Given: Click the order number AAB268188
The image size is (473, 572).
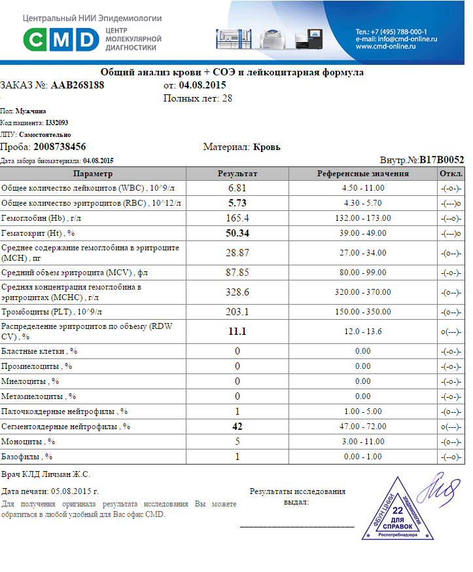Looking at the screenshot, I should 77,85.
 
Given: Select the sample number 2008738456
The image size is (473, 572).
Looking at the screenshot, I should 60,147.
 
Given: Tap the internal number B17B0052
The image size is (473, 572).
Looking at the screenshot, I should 442,159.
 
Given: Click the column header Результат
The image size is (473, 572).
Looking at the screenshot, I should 237,174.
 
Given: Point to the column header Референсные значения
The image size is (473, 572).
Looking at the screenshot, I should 363,174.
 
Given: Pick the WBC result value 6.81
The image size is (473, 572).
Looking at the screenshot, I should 237,188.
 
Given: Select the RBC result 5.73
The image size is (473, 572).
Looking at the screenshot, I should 237,203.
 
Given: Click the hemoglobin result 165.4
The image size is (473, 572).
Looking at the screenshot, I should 237,218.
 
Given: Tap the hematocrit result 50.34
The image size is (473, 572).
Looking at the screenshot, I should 237,233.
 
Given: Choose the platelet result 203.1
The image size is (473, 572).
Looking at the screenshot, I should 237,312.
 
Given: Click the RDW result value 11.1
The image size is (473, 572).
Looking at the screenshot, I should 237,332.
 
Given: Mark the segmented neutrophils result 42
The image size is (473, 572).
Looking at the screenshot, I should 237,427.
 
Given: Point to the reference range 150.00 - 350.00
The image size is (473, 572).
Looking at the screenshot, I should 363,312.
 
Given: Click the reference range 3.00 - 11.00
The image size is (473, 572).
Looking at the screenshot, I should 363,442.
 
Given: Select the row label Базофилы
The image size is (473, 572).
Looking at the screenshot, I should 27,457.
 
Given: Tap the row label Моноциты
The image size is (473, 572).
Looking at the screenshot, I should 28,442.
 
